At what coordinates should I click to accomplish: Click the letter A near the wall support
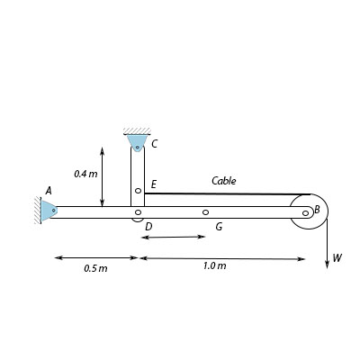49,191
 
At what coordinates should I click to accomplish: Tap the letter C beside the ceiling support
154,144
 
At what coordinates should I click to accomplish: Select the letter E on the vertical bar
154,184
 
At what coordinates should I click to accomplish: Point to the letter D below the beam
148,227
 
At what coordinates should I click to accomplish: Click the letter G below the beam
219,227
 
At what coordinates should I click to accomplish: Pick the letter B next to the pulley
317,210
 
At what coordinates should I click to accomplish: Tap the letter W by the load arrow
337,257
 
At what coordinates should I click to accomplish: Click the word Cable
224,181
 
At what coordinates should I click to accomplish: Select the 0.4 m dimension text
85,174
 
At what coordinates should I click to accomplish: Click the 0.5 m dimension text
95,268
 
